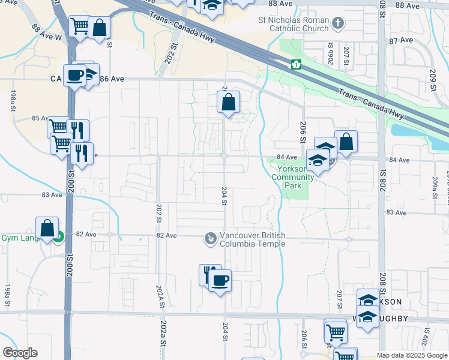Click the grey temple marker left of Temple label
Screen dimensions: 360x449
pos(210,239)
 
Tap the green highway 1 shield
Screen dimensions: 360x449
pos(296,64)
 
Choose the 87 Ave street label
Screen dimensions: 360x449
pos(401,40)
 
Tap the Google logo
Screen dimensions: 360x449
pos(20,352)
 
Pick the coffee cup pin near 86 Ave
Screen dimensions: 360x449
pos(74,76)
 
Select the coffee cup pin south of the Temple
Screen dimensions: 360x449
pos(220,280)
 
